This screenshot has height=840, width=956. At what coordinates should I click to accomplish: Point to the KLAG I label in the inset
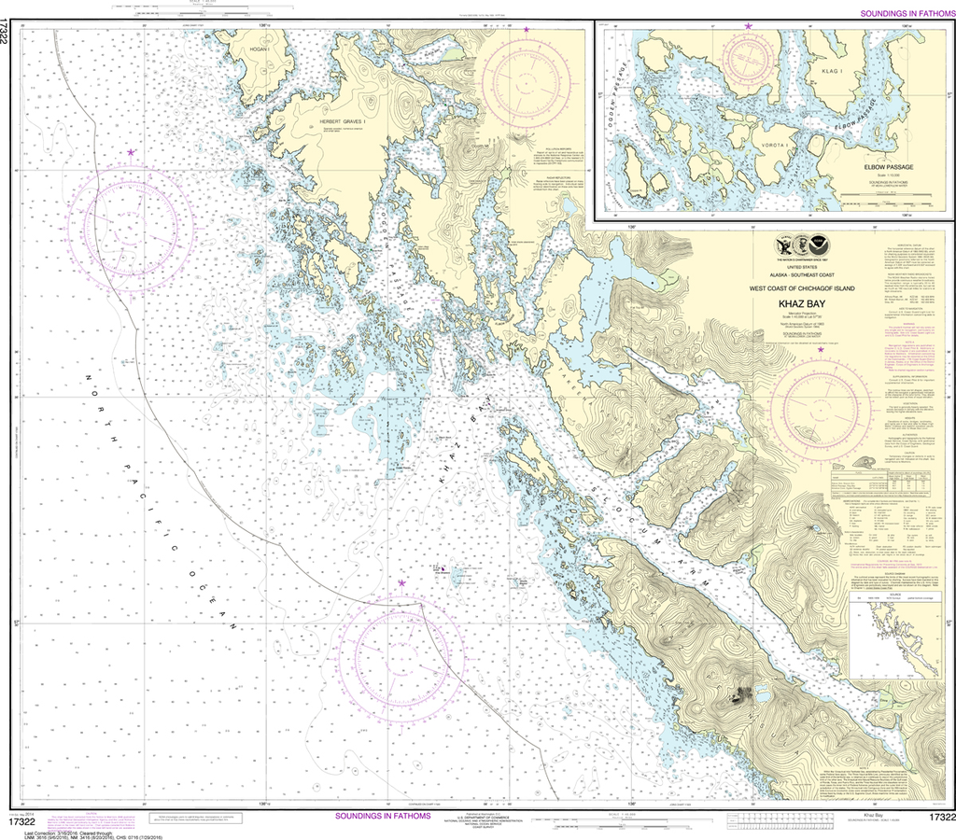pos(831,70)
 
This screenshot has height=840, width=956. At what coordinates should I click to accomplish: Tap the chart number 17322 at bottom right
pos(940,818)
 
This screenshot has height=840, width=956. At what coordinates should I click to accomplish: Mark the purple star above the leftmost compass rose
pos(131,152)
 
